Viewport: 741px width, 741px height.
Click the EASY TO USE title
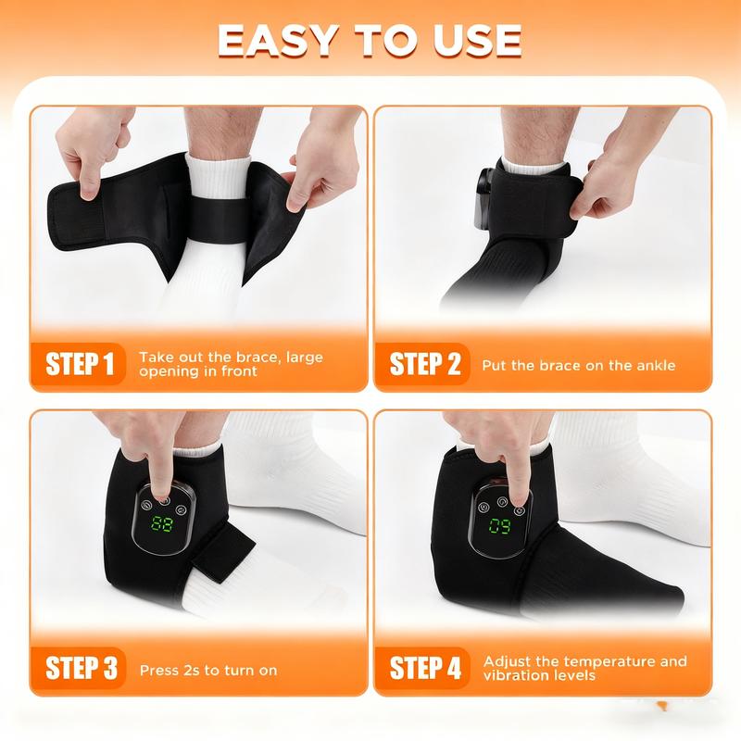(370, 40)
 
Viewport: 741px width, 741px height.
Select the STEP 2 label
(424, 364)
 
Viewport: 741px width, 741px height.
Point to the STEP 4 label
(424, 668)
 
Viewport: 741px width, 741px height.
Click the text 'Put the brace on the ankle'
(578, 365)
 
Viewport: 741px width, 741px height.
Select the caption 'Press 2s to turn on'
(207, 670)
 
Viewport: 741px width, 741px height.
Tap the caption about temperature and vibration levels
(584, 668)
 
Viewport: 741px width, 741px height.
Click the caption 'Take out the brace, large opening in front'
(231, 364)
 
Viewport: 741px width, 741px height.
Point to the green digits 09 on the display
(499, 529)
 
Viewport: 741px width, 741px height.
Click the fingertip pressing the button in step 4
(517, 492)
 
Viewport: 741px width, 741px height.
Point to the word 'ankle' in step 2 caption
(654, 365)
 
